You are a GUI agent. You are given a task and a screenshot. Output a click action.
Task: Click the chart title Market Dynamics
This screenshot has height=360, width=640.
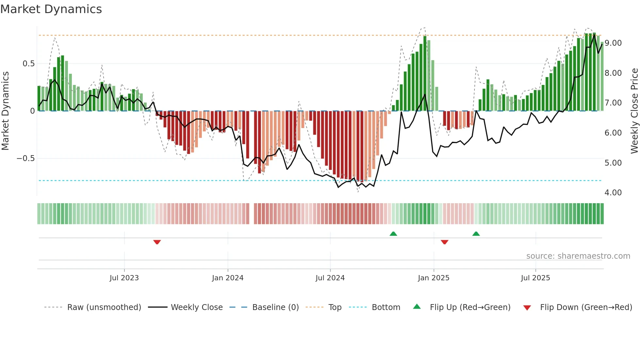coord(51,9)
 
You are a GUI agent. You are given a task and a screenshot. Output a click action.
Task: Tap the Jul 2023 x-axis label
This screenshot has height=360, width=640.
coord(124,278)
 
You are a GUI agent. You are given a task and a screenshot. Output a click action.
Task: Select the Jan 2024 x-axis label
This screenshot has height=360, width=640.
coord(228,278)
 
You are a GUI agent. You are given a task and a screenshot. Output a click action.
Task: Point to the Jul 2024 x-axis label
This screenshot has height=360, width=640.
coord(330,278)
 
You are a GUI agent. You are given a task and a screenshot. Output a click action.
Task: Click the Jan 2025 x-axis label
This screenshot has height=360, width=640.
coord(434,278)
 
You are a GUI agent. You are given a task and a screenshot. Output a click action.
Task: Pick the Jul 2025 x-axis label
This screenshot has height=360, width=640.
coord(536,278)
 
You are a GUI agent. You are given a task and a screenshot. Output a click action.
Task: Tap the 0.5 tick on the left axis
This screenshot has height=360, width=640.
coord(29,64)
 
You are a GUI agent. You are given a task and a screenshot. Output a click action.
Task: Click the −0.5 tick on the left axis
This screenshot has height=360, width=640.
coord(26,158)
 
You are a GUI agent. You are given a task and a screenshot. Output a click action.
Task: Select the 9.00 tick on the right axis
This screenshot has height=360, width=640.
coord(613,43)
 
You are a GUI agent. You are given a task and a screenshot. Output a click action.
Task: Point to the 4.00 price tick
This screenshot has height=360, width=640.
coord(613,193)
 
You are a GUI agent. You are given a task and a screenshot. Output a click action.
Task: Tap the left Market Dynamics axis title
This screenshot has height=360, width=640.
coord(5,111)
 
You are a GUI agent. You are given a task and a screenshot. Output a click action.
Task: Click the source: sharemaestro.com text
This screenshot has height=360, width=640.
coord(578,256)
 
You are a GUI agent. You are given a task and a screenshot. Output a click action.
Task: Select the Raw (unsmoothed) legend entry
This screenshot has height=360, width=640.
coord(104,307)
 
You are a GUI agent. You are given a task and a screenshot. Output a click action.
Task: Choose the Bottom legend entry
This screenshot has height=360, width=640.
coord(386,307)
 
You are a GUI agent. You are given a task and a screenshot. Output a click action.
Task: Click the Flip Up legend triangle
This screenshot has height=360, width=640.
coord(417,307)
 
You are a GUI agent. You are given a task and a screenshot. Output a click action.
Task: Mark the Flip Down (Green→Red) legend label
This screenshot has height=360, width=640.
coord(586,307)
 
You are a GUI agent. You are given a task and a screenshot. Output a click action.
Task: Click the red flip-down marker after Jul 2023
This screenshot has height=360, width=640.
coord(157,242)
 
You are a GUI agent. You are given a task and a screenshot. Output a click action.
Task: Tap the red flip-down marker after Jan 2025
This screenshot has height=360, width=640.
coord(444,242)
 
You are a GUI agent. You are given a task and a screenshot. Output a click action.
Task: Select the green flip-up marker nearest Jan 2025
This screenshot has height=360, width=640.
coord(393,234)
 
